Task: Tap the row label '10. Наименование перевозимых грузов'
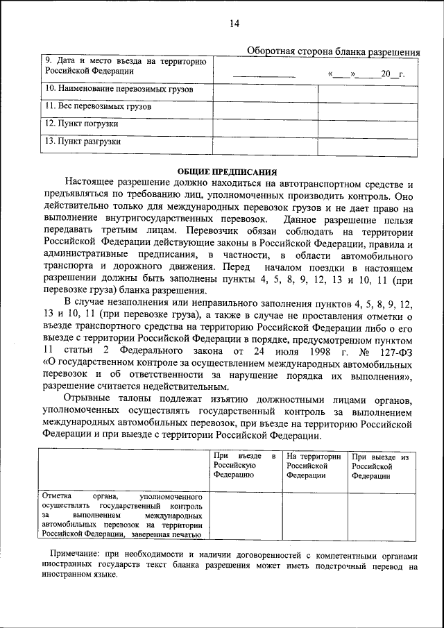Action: (x=119, y=90)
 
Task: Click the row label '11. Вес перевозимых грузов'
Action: (x=99, y=107)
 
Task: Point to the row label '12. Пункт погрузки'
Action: (x=81, y=124)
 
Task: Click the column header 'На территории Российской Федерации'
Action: (x=314, y=466)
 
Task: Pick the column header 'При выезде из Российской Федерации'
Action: (x=380, y=466)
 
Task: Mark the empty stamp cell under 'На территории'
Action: (x=314, y=516)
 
